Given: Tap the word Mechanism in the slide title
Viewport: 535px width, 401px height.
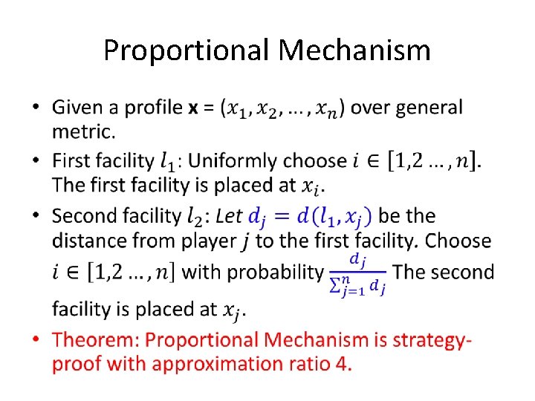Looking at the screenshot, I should pyautogui.click(x=354, y=50).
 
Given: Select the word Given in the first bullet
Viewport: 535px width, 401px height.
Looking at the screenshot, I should pyautogui.click(x=78, y=108).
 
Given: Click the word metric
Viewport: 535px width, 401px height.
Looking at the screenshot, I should pyautogui.click(x=82, y=132).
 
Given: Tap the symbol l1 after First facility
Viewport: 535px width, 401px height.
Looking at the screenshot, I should pyautogui.click(x=169, y=161).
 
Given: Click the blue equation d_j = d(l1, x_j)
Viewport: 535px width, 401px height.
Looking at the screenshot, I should pyautogui.click(x=311, y=217).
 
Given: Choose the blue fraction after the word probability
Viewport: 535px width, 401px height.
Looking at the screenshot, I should pyautogui.click(x=357, y=273).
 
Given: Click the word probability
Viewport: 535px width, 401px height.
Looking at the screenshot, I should pyautogui.click(x=274, y=273).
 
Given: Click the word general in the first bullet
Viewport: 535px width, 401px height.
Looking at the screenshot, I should pyautogui.click(x=429, y=108).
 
